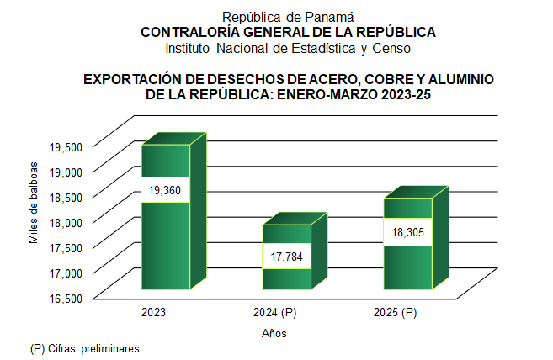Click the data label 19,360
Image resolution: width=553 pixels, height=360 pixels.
[x=166, y=190]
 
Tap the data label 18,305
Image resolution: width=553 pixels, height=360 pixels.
[x=407, y=233]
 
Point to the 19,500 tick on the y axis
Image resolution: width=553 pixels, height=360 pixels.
[x=66, y=146]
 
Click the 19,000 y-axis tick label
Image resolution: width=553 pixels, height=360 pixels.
[x=66, y=172]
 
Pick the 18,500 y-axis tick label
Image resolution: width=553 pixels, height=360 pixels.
[x=66, y=197]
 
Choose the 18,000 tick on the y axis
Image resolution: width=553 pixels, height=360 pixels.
[x=66, y=222]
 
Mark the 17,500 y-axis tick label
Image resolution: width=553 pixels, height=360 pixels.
[x=66, y=247]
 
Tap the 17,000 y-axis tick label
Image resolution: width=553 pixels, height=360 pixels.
[x=66, y=273]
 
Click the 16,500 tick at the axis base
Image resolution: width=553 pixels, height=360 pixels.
[x=66, y=298]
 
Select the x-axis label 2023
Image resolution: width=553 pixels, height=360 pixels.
[x=154, y=313]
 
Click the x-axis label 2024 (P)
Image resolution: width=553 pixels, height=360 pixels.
[x=275, y=313]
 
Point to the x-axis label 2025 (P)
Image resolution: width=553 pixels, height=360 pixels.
[x=396, y=313]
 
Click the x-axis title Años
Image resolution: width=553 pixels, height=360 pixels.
[x=275, y=333]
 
